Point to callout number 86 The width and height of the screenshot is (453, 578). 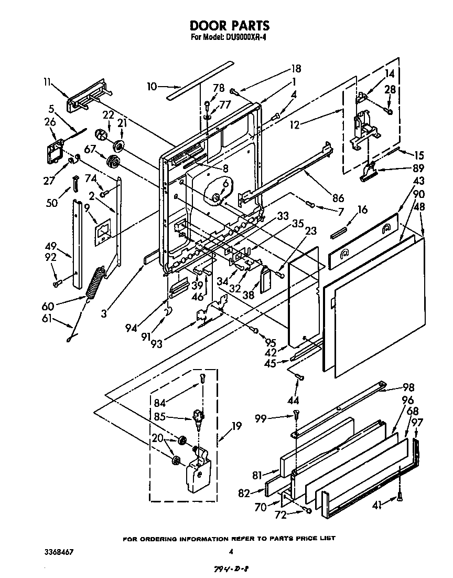338,198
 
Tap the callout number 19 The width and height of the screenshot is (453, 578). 236,426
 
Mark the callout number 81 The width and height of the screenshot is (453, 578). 257,476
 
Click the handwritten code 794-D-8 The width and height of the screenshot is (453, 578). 231,569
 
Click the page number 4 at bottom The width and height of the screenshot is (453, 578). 231,552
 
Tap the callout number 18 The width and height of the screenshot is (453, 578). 296,68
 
